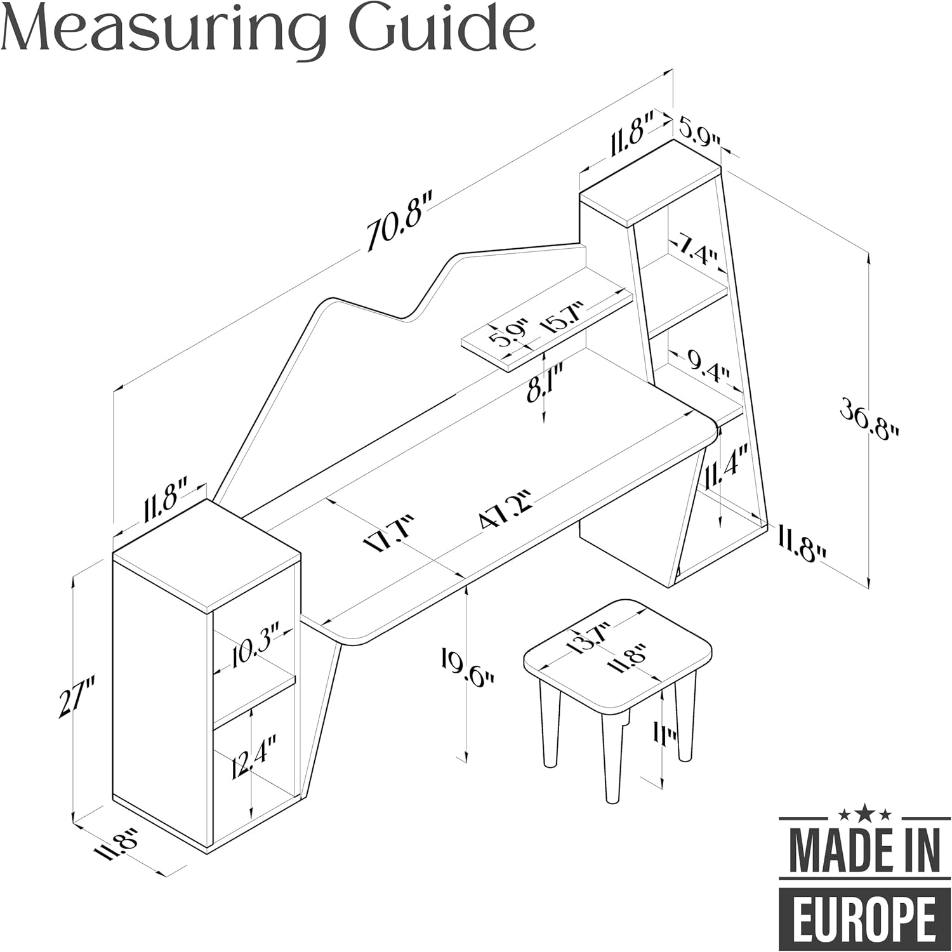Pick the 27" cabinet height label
[x=75, y=697]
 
